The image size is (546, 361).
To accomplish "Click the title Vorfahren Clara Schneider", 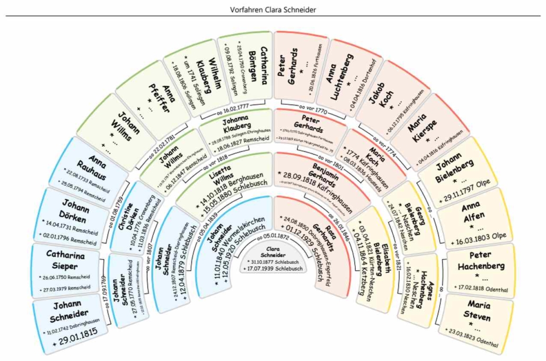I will (x=273, y=10).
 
